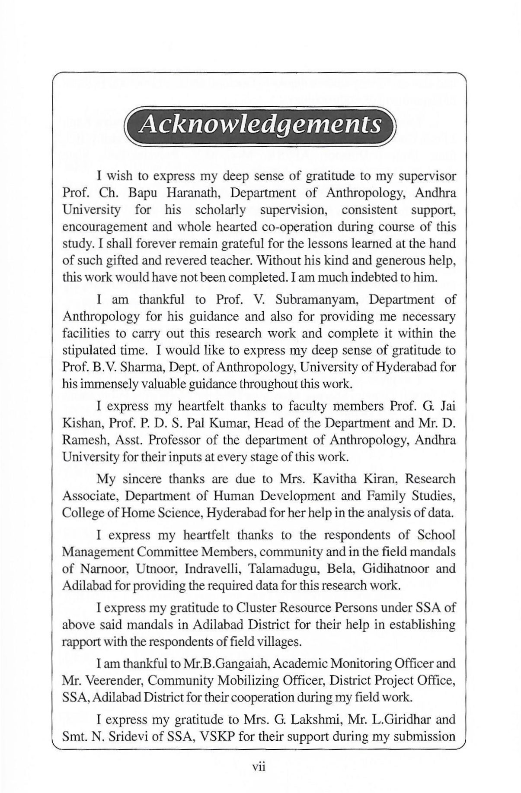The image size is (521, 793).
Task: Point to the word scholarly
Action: [x=220, y=210]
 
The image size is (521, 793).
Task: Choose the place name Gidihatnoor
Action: [x=391, y=568]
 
